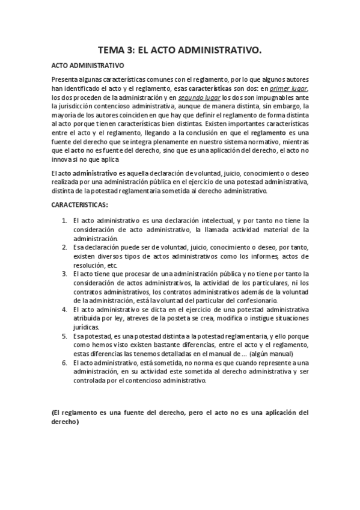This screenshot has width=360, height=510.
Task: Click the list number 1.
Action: point(65,220)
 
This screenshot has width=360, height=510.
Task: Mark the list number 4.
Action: point(65,309)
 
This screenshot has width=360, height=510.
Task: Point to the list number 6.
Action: point(65,363)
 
